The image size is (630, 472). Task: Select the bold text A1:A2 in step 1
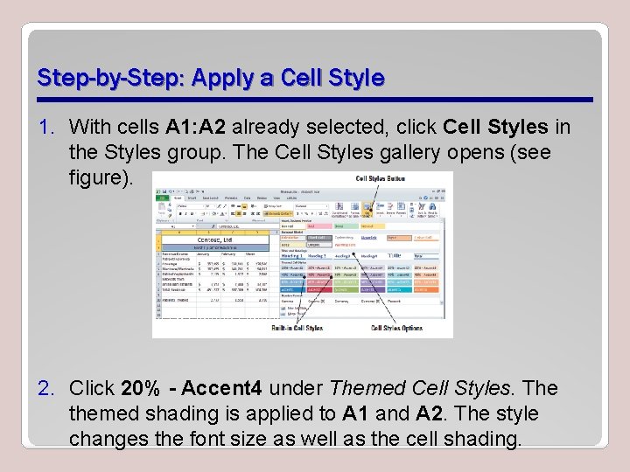(201, 128)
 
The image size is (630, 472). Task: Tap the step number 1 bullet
(49, 128)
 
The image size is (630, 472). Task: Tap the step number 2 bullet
(49, 388)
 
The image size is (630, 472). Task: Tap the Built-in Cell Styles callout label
(297, 329)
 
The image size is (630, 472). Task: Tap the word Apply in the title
(227, 78)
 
